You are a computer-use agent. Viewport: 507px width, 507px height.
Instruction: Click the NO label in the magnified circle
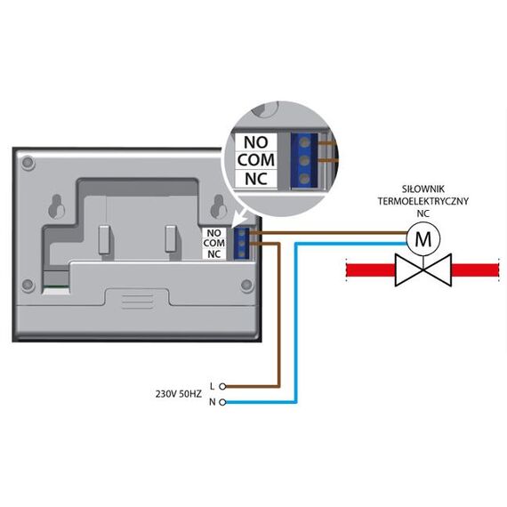pos(256,142)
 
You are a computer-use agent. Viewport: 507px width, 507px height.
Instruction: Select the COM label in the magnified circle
pos(256,160)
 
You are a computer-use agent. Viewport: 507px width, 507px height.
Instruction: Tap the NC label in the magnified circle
pos(256,179)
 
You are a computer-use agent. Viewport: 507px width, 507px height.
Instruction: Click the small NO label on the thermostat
pos(213,233)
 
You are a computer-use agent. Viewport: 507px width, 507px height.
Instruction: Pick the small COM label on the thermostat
pos(214,243)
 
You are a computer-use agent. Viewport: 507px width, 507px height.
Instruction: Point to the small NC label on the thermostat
pos(213,254)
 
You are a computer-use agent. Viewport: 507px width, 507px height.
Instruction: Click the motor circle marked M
pos(422,239)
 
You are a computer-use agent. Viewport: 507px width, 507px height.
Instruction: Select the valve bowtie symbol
pos(422,270)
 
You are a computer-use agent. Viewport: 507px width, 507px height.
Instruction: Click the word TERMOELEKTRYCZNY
pos(422,201)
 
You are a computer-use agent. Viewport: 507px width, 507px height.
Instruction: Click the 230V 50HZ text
pos(179,394)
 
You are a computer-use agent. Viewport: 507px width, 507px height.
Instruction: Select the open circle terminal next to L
pos(222,386)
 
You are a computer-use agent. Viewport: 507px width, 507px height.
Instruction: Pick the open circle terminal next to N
pos(222,402)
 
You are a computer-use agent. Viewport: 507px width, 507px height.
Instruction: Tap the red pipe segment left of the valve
pos(371,270)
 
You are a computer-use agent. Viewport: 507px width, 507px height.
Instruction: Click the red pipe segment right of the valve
pos(475,270)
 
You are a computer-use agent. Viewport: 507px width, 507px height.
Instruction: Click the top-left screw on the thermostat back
pos(28,163)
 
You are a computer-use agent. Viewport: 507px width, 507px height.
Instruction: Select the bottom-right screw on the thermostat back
pos(246,285)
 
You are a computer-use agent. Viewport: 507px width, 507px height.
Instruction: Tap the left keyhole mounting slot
pos(57,206)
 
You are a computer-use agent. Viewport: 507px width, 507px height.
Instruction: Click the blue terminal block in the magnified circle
pos(303,160)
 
